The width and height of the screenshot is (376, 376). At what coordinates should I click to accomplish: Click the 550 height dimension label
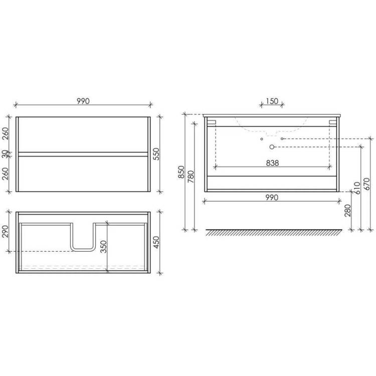tap(156, 154)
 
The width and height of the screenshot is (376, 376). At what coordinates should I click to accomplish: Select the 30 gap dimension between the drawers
tap(6, 154)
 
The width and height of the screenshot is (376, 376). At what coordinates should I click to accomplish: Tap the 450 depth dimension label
tap(156, 242)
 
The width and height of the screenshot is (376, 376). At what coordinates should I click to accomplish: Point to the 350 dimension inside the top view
tap(104, 247)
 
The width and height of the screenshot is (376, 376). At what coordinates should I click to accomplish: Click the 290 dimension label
tap(6, 232)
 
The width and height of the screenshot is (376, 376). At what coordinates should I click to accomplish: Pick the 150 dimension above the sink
tap(272, 101)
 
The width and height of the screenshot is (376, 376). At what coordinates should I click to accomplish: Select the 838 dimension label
tap(272, 163)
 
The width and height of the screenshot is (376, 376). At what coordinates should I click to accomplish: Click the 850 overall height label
tap(181, 172)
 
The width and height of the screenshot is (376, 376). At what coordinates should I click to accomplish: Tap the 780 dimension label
tap(191, 177)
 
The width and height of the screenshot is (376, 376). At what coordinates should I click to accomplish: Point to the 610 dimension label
tap(357, 188)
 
